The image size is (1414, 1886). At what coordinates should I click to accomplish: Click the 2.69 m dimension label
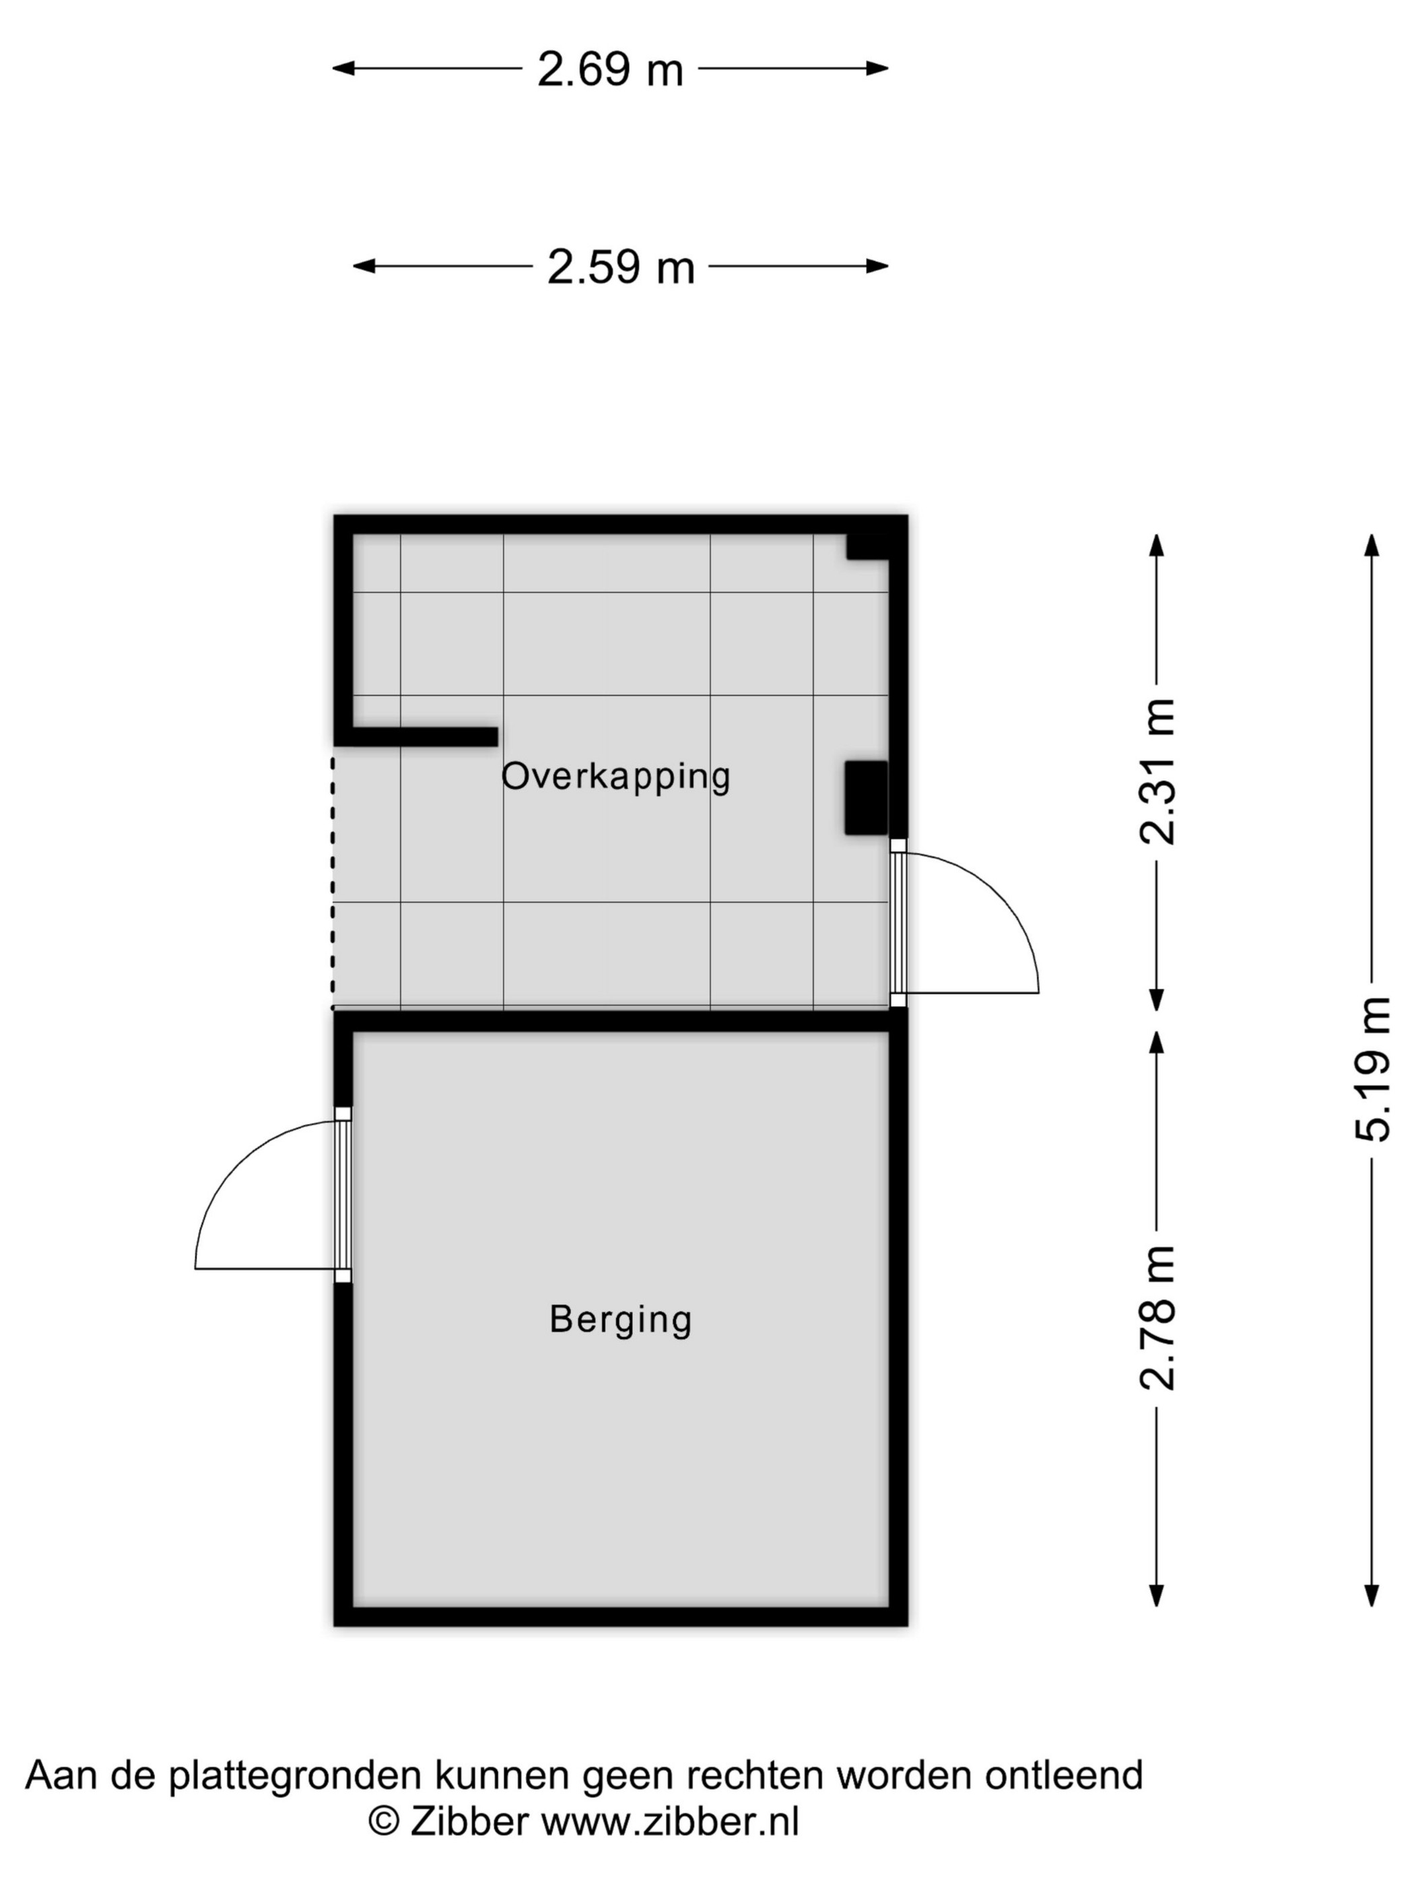point(610,69)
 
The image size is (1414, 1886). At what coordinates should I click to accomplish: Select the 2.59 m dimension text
point(621,267)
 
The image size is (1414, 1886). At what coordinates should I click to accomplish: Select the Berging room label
point(621,1320)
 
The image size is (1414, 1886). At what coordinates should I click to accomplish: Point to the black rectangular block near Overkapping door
point(866,798)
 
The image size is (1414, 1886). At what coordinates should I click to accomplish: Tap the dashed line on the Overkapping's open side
point(333,879)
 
